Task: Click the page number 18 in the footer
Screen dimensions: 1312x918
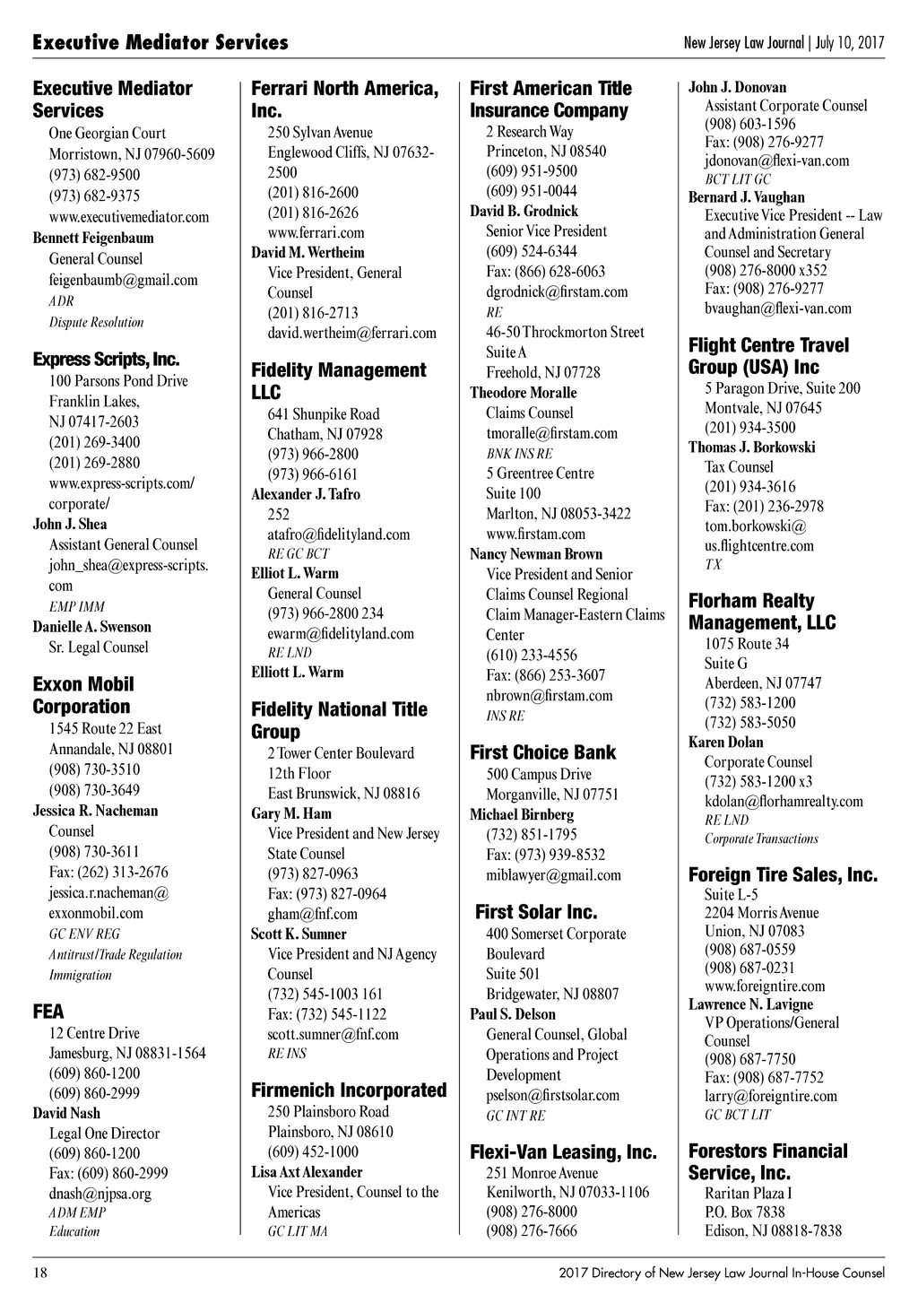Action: pos(39,1273)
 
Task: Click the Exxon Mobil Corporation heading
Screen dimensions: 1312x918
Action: pos(83,695)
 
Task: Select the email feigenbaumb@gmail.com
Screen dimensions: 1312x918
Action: pos(123,280)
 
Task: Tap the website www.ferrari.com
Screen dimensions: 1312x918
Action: pos(316,232)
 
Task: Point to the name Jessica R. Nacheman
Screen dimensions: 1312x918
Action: pos(95,811)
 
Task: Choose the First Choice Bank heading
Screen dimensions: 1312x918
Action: pos(543,752)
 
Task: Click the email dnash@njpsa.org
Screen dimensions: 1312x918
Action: pos(100,1193)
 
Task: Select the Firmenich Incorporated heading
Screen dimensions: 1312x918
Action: pos(349,1090)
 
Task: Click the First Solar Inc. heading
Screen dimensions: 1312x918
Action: pos(536,912)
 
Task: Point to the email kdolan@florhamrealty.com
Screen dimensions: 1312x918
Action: pos(784,801)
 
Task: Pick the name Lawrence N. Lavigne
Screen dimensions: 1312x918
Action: pos(750,1004)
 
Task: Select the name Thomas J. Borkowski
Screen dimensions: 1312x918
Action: pos(751,447)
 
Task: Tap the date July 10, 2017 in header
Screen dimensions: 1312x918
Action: pos(851,42)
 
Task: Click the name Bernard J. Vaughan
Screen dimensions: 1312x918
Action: pos(746,197)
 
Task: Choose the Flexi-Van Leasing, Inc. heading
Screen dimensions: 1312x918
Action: pos(563,1152)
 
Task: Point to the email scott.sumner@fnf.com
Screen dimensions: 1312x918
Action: pos(333,1034)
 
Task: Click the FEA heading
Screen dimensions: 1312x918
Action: pos(48,1012)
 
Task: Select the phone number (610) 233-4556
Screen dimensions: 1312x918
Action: pos(532,655)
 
